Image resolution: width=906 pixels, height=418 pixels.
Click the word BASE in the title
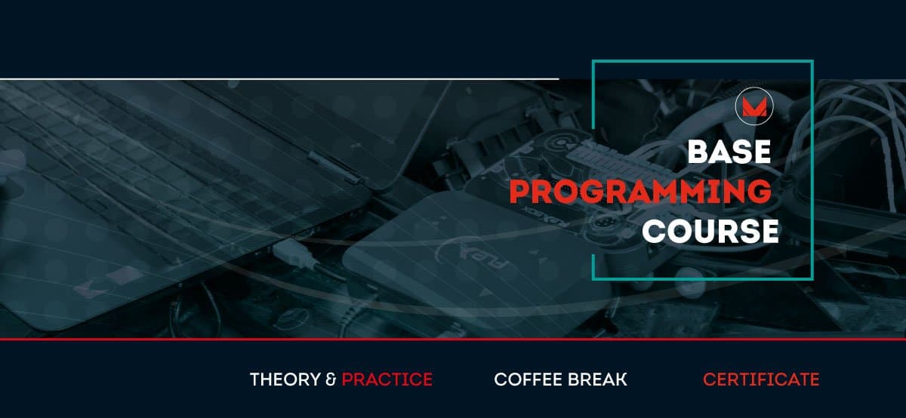pyautogui.click(x=729, y=152)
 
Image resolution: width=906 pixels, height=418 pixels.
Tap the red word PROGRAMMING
pyautogui.click(x=640, y=191)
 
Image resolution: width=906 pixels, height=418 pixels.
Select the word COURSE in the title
pyautogui.click(x=710, y=231)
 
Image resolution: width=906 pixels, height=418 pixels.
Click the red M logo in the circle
pyautogui.click(x=754, y=107)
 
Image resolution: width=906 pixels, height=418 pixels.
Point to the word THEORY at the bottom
pyautogui.click(x=285, y=380)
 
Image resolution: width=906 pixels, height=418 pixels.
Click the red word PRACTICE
pyautogui.click(x=387, y=380)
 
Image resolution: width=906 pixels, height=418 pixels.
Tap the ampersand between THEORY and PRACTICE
pyautogui.click(x=331, y=380)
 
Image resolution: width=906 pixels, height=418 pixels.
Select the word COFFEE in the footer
pyautogui.click(x=528, y=380)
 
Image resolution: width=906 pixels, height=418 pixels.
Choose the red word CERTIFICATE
pyautogui.click(x=761, y=380)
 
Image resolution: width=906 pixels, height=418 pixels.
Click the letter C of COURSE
pyautogui.click(x=655, y=231)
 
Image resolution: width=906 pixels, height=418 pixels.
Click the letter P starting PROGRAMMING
pyautogui.click(x=519, y=191)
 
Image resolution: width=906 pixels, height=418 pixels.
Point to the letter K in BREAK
pyautogui.click(x=621, y=380)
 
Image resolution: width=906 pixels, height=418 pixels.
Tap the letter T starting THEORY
pyautogui.click(x=256, y=380)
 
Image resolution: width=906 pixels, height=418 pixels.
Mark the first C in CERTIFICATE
pyautogui.click(x=710, y=380)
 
